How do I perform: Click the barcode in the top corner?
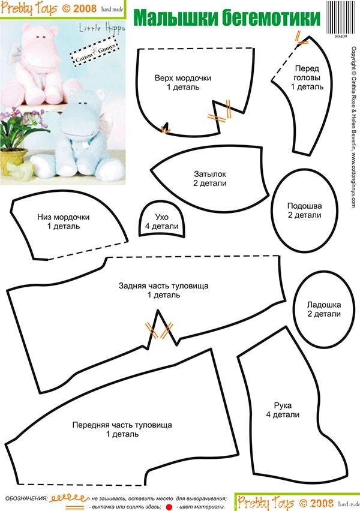point(341,17)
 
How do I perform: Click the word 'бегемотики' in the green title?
point(271,17)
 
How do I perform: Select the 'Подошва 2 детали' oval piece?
point(304,211)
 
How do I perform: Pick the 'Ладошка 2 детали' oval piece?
point(323,309)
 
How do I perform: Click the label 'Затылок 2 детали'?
point(209,179)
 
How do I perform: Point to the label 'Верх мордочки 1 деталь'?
point(182,82)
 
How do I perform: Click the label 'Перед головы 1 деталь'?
point(307,77)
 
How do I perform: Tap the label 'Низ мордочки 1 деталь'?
point(63,221)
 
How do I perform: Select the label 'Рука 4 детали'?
point(283,410)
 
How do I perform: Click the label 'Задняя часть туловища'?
point(163,286)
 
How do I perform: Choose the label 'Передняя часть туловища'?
point(122,425)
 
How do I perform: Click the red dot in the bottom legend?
point(169,507)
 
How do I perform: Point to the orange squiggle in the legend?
point(68,498)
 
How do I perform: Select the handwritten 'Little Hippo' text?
point(102,29)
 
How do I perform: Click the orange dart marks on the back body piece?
point(159,330)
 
